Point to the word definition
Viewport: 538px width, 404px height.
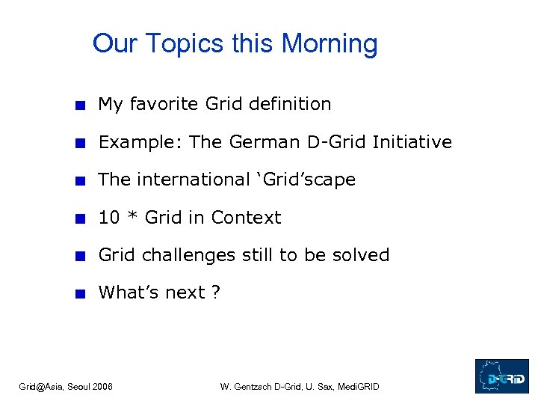pos(291,104)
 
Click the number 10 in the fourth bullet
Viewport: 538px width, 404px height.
pos(108,218)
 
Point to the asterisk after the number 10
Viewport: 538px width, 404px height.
pos(132,218)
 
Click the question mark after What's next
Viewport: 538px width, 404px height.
pos(216,293)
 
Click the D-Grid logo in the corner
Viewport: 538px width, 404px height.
pos(501,376)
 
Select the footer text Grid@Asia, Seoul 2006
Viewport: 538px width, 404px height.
pos(66,387)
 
